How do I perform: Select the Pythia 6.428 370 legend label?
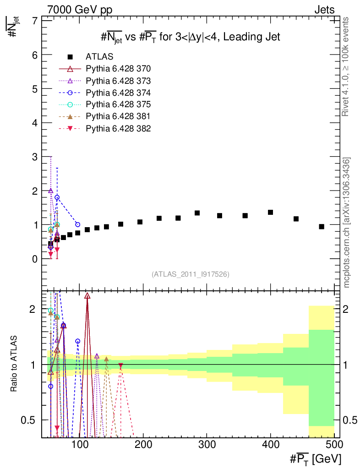pyautogui.click(x=118, y=69)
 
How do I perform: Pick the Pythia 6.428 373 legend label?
pyautogui.click(x=118, y=81)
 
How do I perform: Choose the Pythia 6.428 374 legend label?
pyautogui.click(x=118, y=93)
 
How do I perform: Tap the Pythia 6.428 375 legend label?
pyautogui.click(x=118, y=104)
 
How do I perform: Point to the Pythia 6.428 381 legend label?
pyautogui.click(x=118, y=116)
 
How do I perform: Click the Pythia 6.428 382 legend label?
pyautogui.click(x=118, y=128)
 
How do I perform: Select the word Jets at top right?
pyautogui.click(x=324, y=10)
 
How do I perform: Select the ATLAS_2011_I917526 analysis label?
pyautogui.click(x=191, y=274)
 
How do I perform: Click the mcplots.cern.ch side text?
pyautogui.click(x=347, y=223)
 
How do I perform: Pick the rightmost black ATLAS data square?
pyautogui.click(x=322, y=227)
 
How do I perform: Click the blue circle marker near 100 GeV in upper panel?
pyautogui.click(x=77, y=224)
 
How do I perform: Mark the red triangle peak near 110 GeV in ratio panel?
pyautogui.click(x=87, y=296)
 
